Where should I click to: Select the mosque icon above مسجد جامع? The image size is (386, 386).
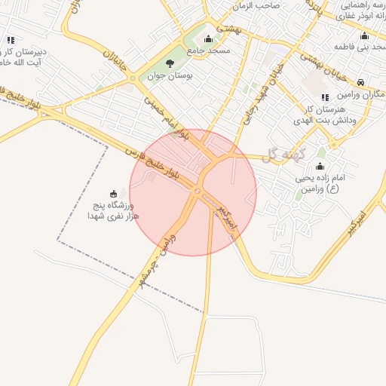click(208, 38)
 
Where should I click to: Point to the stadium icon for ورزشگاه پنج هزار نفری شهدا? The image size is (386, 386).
click(114, 193)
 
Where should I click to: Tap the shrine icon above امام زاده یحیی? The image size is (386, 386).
click(320, 165)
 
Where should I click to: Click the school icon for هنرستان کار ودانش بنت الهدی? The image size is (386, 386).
click(325, 97)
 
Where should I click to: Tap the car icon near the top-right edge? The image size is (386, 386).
click(362, 81)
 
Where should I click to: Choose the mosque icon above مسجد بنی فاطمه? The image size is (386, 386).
click(365, 35)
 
